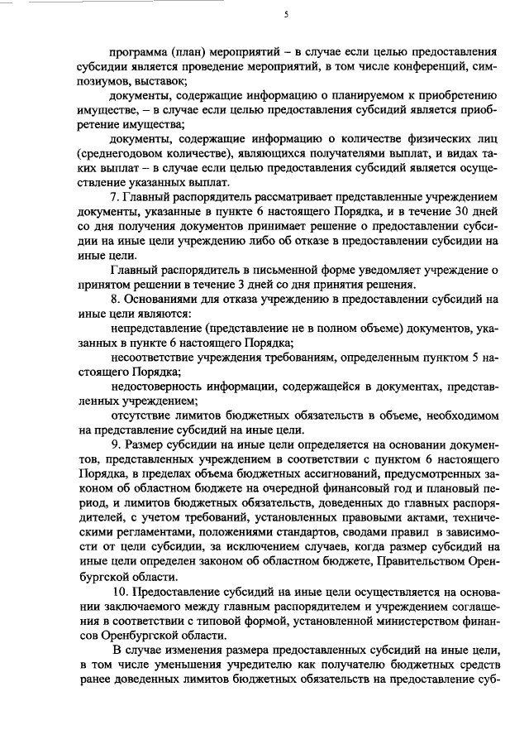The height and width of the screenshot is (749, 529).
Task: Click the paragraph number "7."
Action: [x=116, y=199]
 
